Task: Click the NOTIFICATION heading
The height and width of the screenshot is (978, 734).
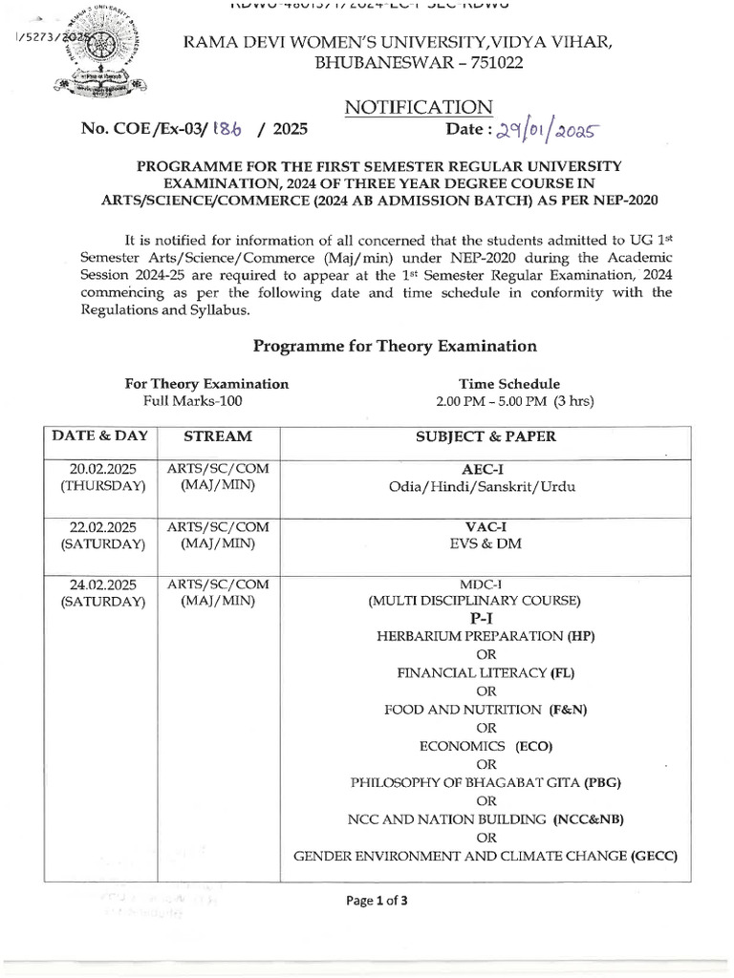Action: coord(420,107)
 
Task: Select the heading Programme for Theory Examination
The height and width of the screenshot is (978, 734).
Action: coord(394,345)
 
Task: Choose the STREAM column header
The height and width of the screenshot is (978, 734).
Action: coord(218,436)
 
